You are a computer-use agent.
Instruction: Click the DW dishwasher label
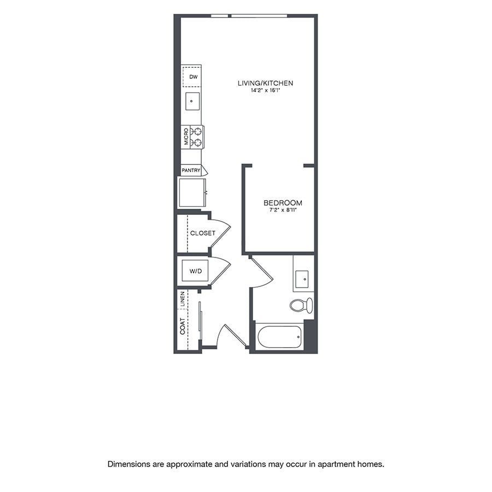click(192, 77)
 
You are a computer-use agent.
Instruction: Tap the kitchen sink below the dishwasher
click(192, 101)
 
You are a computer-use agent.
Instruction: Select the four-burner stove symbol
click(197, 137)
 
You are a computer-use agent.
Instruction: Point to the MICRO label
click(186, 137)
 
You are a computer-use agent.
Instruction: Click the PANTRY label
click(191, 171)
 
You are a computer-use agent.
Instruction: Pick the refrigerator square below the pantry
click(192, 192)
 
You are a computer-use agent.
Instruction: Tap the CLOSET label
click(202, 233)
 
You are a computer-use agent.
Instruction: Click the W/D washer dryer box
click(195, 271)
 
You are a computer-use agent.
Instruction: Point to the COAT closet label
click(182, 326)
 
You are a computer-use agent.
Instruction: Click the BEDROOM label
click(279, 203)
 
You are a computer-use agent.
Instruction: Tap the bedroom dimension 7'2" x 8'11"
click(279, 210)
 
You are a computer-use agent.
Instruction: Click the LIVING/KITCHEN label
click(265, 83)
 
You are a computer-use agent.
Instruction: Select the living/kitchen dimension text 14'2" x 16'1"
click(265, 90)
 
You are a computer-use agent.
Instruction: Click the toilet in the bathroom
click(301, 305)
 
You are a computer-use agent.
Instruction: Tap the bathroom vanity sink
click(302, 279)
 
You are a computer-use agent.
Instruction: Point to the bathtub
click(279, 337)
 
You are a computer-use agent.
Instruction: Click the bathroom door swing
click(260, 273)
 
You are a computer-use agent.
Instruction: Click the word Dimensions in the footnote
click(128, 464)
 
